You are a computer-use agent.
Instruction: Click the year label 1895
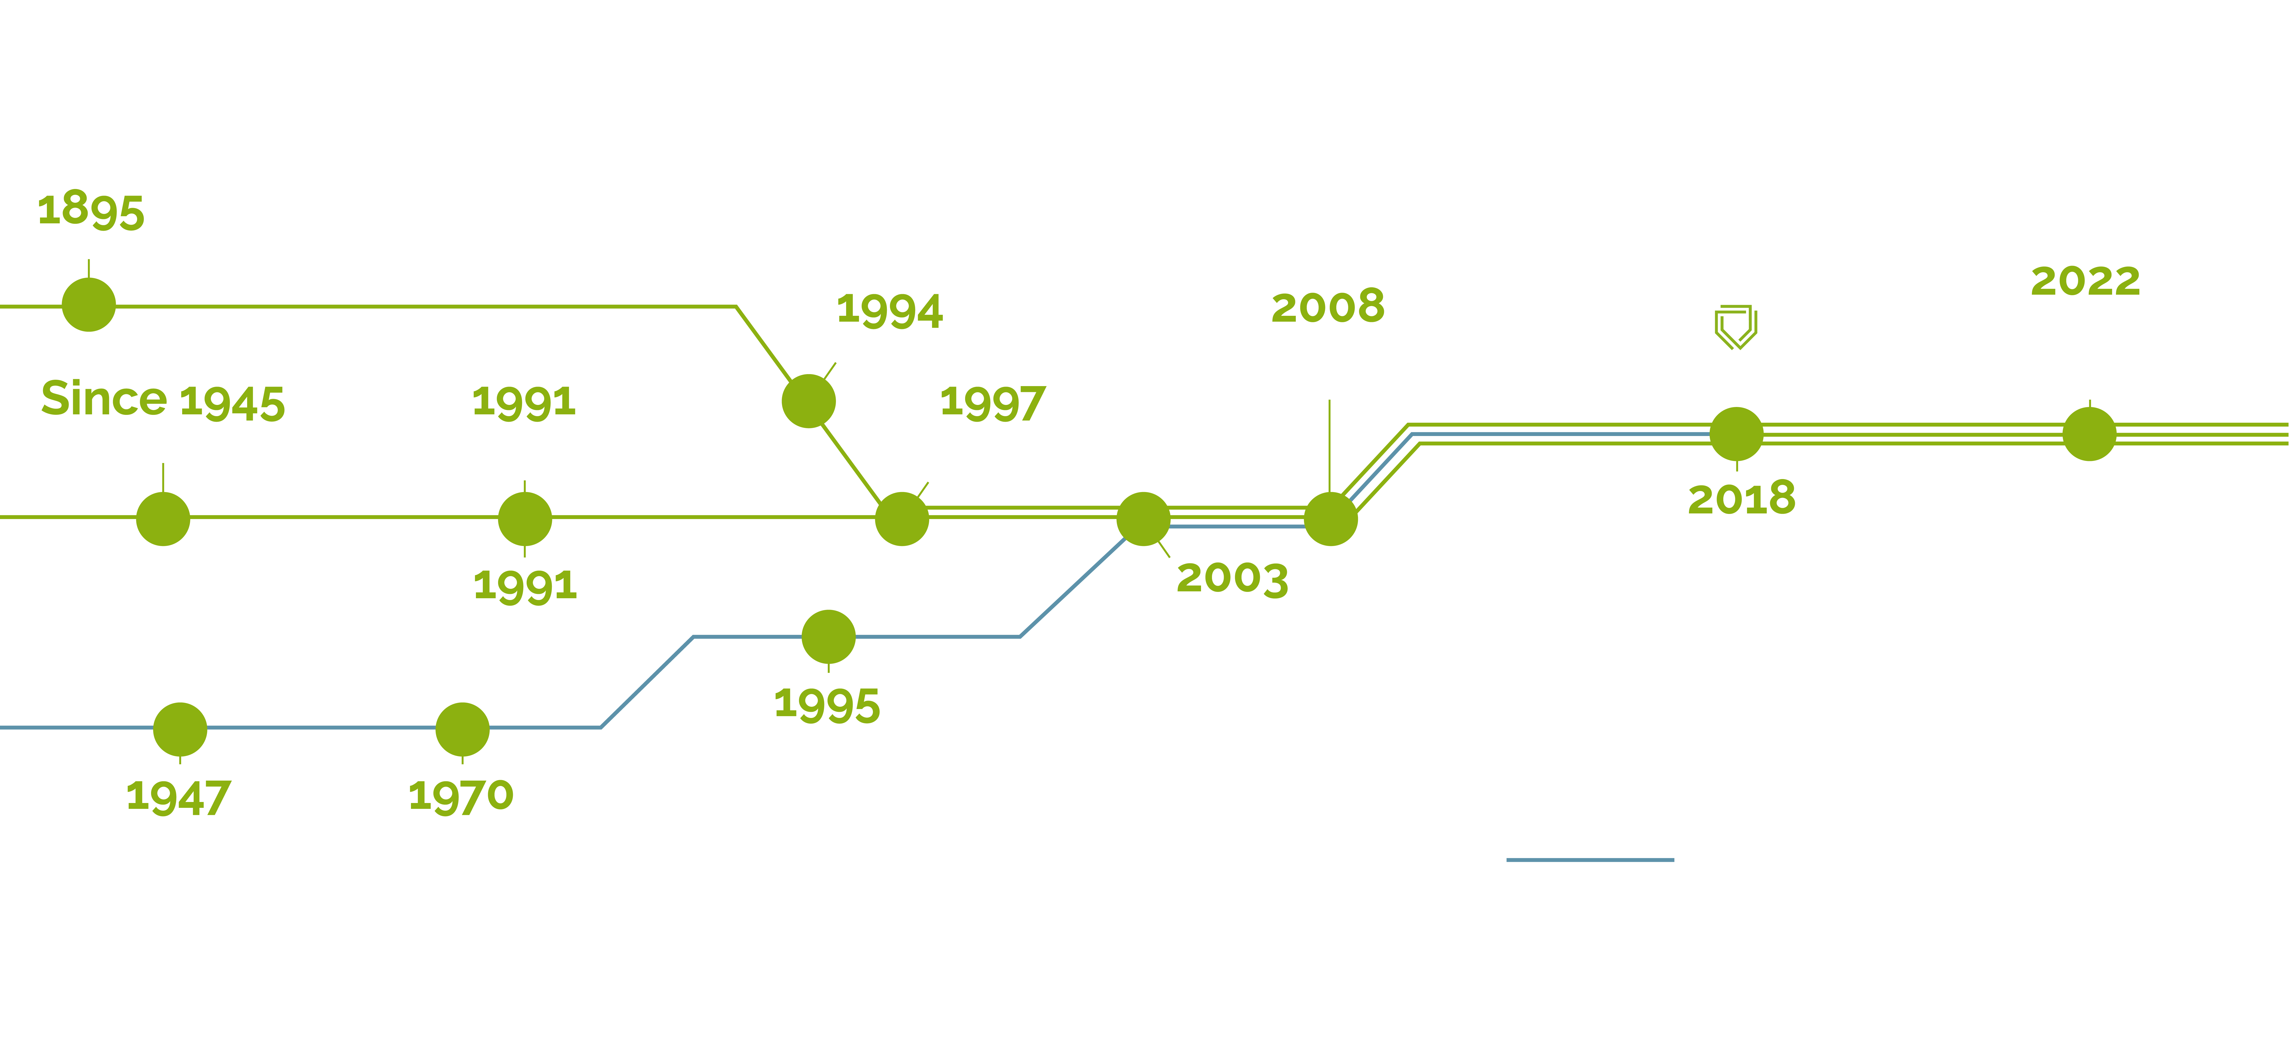[91, 210]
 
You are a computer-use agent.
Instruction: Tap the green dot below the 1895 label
[89, 305]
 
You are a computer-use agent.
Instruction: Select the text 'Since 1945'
[163, 399]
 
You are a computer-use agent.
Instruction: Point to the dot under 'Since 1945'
[163, 519]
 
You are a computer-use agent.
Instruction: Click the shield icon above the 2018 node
[1736, 328]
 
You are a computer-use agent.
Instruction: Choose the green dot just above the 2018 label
[1737, 434]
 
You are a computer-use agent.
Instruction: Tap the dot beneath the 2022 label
[2089, 434]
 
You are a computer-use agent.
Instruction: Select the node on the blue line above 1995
[829, 637]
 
